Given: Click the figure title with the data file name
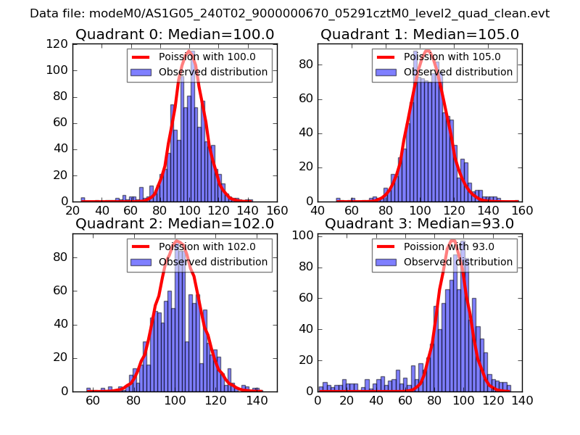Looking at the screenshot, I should pyautogui.click(x=290, y=14).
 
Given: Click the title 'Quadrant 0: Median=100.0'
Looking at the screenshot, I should pyautogui.click(x=175, y=34).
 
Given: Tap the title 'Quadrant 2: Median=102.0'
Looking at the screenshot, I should pyautogui.click(x=175, y=223).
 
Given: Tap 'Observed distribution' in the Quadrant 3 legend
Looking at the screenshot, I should pyautogui.click(x=458, y=262).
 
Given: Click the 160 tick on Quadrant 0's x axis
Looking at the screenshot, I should pyautogui.click(x=276, y=210).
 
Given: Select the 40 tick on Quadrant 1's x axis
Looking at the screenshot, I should pyautogui.click(x=318, y=210).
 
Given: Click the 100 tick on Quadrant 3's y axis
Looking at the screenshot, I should pyautogui.click(x=304, y=236).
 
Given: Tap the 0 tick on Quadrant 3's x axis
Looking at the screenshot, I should pyautogui.click(x=318, y=399).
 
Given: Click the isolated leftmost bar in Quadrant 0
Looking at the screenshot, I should pyautogui.click(x=83, y=199).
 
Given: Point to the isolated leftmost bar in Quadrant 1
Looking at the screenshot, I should pyautogui.click(x=338, y=199).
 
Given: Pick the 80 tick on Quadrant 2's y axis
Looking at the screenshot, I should pyautogui.click(x=63, y=257).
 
